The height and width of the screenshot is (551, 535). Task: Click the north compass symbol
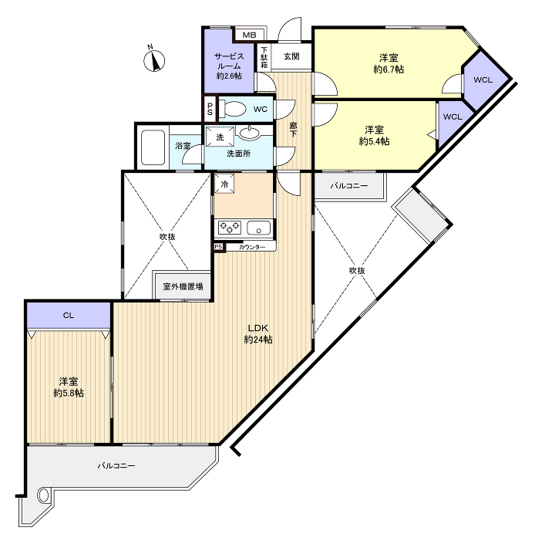point(154,60)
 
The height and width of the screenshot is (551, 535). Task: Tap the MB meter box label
point(249,35)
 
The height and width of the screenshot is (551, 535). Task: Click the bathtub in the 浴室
point(153,147)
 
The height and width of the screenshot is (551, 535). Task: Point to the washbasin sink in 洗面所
point(250,133)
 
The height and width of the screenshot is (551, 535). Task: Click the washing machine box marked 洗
point(220,137)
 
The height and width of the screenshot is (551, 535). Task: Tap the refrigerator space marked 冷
point(224,184)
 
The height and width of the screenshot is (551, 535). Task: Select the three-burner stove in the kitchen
point(230,228)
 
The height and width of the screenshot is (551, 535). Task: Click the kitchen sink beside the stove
point(259,228)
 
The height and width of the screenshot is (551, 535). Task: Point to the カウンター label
point(252,247)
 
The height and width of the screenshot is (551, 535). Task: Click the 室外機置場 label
point(183,286)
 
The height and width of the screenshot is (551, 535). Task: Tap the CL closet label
point(69,315)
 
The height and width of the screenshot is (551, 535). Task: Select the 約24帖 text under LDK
point(258,340)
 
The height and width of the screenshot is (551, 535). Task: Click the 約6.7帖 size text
point(389,69)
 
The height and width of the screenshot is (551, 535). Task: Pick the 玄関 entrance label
point(291,56)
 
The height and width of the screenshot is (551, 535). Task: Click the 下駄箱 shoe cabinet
point(264,58)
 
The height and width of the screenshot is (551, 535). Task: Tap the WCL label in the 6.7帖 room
point(483,79)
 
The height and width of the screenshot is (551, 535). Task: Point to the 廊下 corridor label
point(293,130)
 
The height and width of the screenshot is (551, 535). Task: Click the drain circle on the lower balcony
point(43,495)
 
